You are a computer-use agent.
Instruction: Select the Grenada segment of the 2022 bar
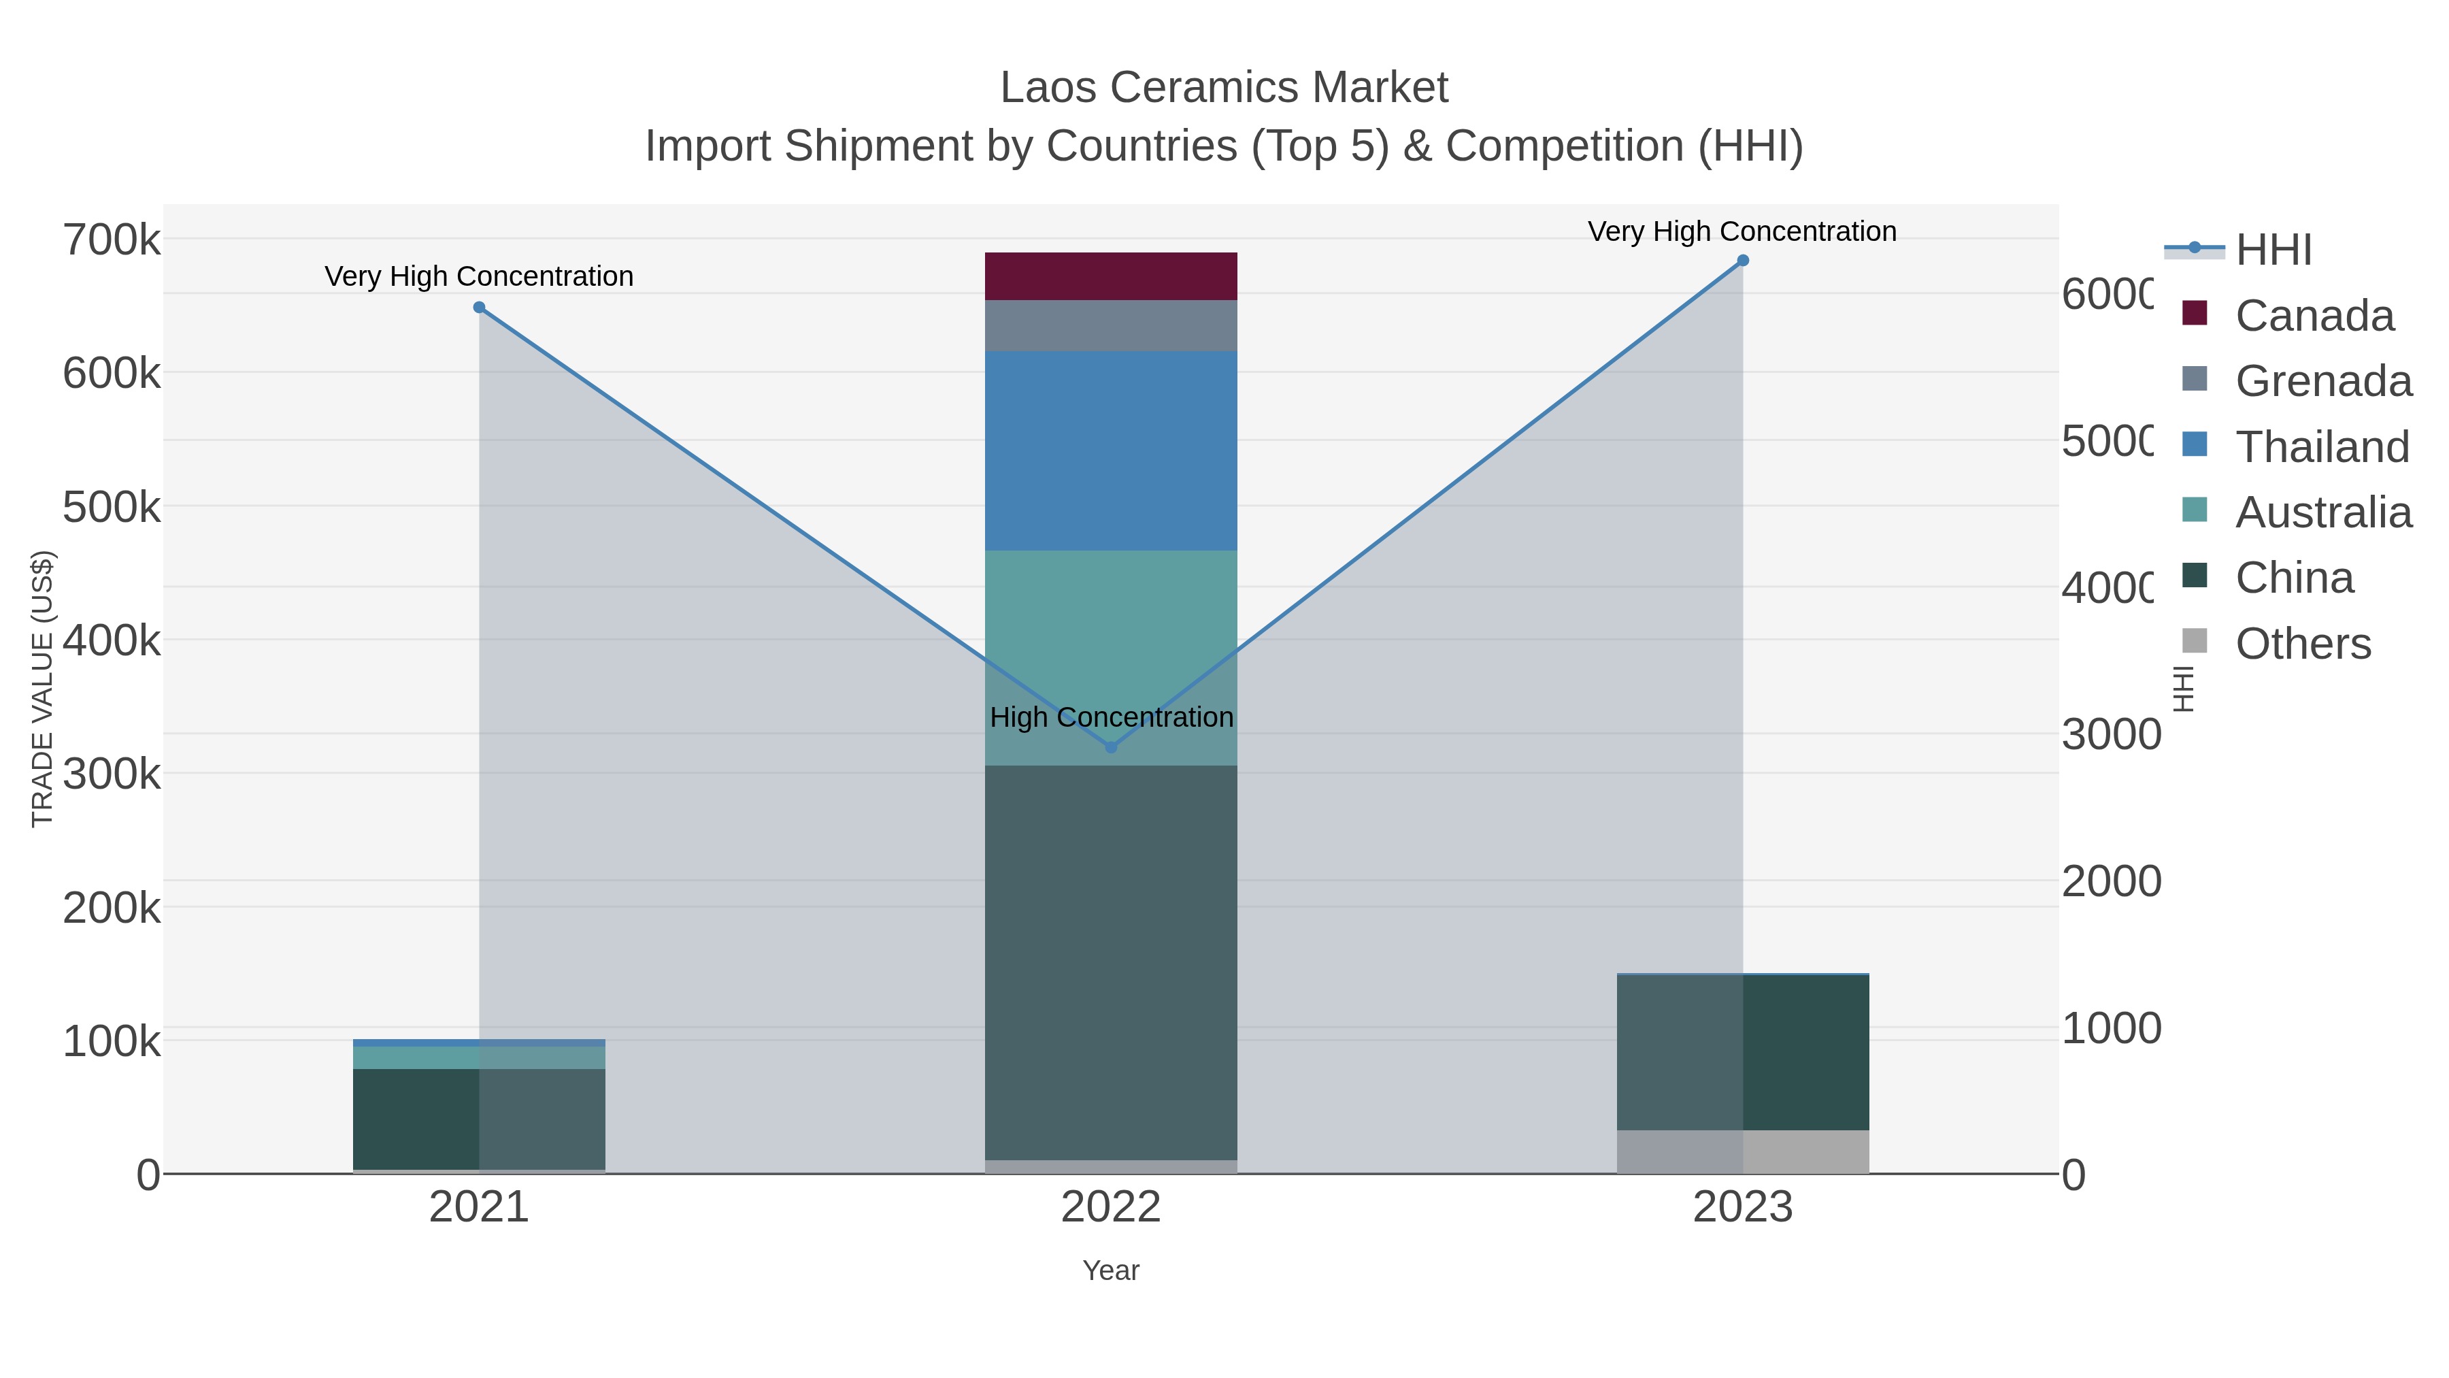pos(1110,325)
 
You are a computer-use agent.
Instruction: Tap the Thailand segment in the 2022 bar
pos(1110,450)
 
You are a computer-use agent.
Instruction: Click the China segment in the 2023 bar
pos(1743,1052)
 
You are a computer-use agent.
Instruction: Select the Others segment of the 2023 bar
pos(1743,1151)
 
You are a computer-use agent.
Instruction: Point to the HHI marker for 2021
pos(479,307)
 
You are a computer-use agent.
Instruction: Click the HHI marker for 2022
pos(1110,747)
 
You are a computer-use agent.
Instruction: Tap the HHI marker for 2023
pos(1743,261)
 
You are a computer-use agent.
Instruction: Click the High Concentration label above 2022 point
pos(1110,717)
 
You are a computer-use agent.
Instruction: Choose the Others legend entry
pos(2303,644)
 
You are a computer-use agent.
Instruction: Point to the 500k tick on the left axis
pos(112,507)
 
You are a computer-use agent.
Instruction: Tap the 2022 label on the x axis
pos(1110,1207)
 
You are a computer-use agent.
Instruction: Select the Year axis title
pos(1110,1270)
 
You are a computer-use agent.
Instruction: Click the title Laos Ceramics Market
pos(1224,88)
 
